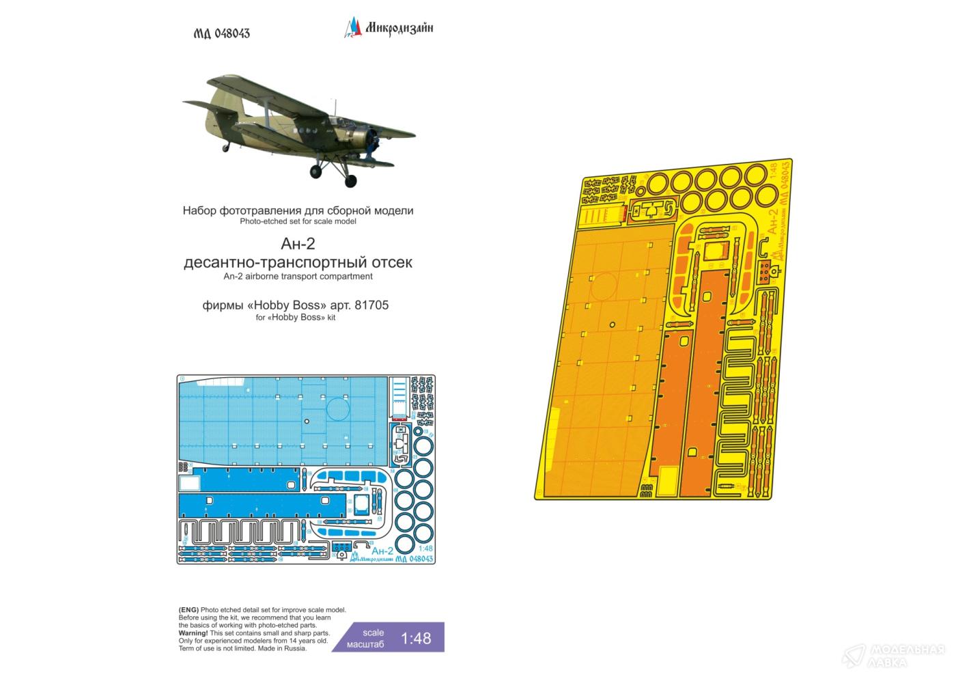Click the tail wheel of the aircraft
(225, 148)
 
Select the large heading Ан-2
(298, 245)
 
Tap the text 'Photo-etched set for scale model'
(298, 221)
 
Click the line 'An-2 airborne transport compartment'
(298, 277)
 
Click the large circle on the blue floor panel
(338, 410)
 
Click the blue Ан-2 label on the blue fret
(383, 550)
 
